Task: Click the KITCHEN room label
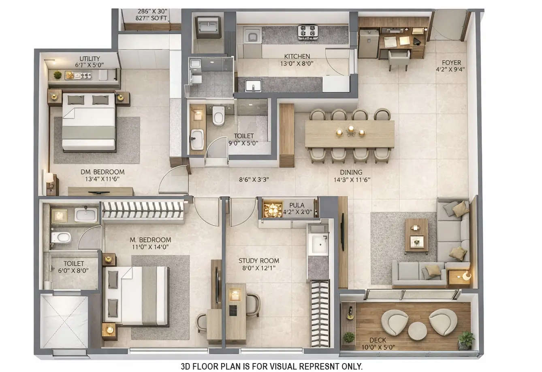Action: click(x=297, y=56)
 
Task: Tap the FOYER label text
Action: click(x=451, y=62)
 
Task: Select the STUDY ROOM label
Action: click(x=258, y=261)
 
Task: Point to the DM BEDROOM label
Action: click(x=102, y=172)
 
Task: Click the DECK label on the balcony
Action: click(x=378, y=340)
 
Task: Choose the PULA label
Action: click(x=297, y=205)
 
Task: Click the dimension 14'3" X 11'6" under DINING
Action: click(x=352, y=180)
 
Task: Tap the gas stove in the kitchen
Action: click(x=308, y=32)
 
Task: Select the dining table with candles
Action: click(x=350, y=133)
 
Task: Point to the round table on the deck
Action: click(x=417, y=331)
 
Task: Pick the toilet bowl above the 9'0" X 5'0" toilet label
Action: click(x=218, y=116)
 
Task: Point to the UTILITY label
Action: click(x=90, y=59)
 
